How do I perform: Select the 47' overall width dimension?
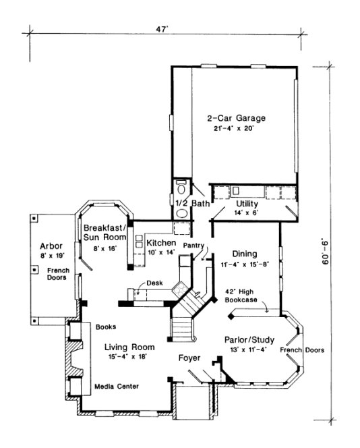pyautogui.click(x=161, y=28)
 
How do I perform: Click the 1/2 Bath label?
pyautogui.click(x=192, y=203)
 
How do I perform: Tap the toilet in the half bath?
pyautogui.click(x=180, y=188)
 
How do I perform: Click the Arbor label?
pyautogui.click(x=51, y=246)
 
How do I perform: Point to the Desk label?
pyautogui.click(x=154, y=283)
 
